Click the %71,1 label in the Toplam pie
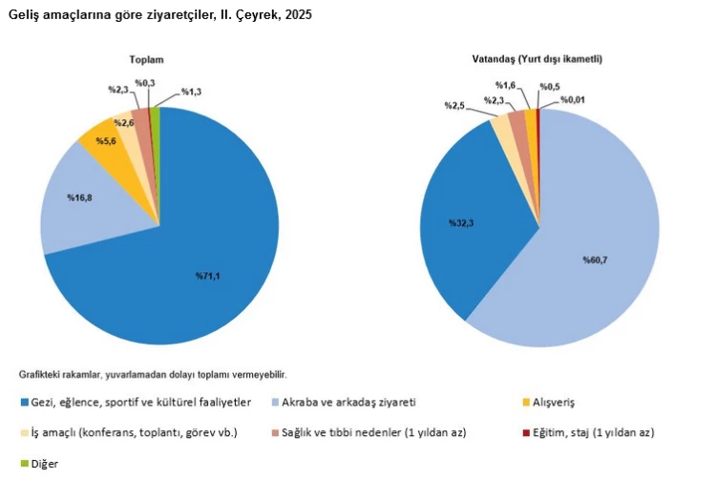click(x=210, y=277)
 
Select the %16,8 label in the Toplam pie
click(x=78, y=198)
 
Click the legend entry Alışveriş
click(x=554, y=403)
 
